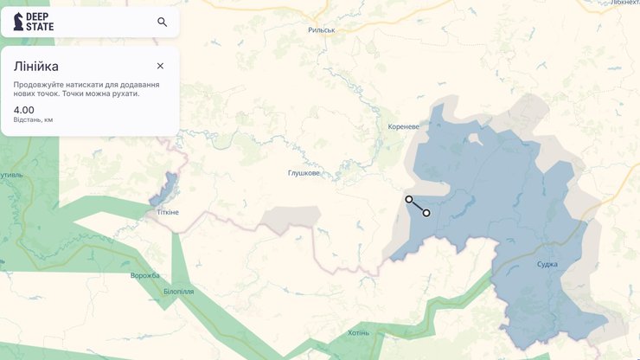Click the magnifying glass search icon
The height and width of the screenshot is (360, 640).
click(x=162, y=22)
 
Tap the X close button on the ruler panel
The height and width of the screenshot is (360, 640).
click(x=160, y=66)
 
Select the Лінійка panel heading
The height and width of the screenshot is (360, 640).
click(x=36, y=66)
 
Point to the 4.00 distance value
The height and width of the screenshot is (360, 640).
click(x=24, y=110)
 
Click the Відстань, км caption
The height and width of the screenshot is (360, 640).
click(x=33, y=119)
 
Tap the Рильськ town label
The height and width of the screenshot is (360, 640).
click(x=321, y=29)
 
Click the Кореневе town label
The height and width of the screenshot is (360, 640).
click(x=403, y=126)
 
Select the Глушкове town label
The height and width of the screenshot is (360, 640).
click(x=304, y=173)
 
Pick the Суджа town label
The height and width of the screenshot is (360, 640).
click(x=547, y=264)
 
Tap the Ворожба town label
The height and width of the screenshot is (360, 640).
click(x=145, y=275)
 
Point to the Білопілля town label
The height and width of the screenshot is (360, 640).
click(x=179, y=292)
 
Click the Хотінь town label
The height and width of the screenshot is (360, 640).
click(x=358, y=332)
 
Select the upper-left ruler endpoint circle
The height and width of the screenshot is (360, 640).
click(x=409, y=199)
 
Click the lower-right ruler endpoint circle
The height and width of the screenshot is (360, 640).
click(x=426, y=213)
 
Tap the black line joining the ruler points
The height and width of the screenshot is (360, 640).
click(x=418, y=206)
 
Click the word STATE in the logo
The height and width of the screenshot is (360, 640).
click(x=40, y=27)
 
